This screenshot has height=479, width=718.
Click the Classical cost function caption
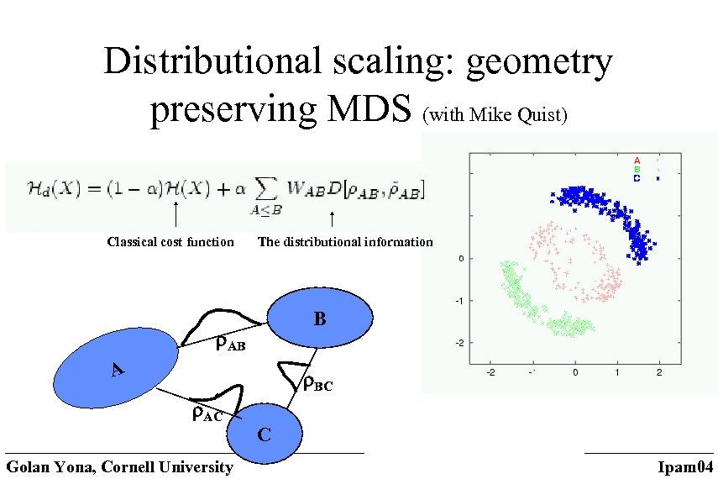click(x=170, y=242)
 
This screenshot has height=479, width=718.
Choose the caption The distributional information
click(x=345, y=242)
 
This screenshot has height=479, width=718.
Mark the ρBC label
click(x=317, y=384)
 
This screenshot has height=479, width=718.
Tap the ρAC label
click(x=207, y=413)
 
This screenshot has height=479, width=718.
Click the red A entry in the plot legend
click(x=637, y=160)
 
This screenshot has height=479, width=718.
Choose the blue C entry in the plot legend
click(x=637, y=178)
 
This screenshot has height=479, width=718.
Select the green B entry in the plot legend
click(x=637, y=169)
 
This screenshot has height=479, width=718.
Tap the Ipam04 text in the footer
click(x=684, y=467)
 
